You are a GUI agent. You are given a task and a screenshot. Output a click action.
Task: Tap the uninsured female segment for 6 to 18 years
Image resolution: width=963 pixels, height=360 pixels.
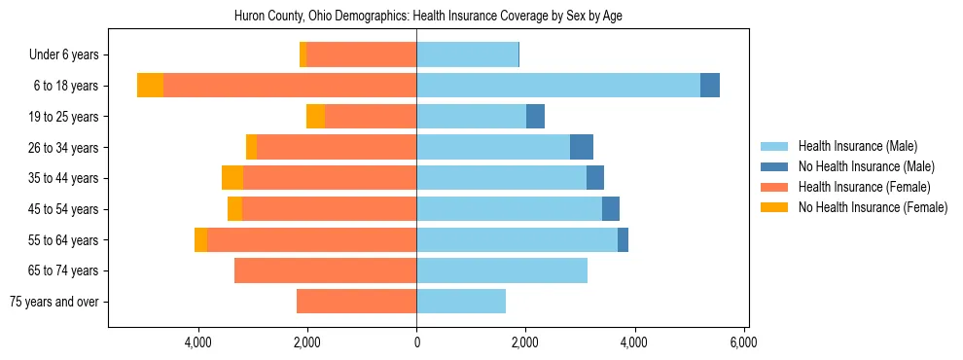click(x=150, y=86)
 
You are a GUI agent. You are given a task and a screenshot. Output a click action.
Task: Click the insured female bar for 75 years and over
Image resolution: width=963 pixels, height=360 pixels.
click(x=356, y=302)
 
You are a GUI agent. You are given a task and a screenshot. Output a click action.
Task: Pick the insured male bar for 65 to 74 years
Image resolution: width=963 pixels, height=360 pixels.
click(x=502, y=270)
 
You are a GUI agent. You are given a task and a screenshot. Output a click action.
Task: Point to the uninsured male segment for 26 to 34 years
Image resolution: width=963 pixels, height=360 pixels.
click(x=582, y=147)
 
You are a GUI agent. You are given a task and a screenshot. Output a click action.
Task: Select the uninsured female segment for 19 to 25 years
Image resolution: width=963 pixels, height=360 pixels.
click(x=315, y=117)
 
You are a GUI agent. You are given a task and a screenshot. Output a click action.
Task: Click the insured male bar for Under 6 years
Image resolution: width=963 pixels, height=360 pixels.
click(x=467, y=54)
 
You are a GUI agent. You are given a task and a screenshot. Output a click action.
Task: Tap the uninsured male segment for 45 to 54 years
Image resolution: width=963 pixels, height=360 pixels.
click(x=611, y=209)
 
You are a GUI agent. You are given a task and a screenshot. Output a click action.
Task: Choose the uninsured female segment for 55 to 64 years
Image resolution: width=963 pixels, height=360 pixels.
click(x=200, y=240)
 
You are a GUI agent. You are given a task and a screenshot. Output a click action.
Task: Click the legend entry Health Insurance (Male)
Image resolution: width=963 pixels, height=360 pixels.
click(x=857, y=146)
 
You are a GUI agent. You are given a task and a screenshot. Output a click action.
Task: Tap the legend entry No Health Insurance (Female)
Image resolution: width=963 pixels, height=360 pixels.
click(x=873, y=207)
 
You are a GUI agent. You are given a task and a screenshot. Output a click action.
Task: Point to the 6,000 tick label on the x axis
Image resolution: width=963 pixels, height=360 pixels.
click(x=743, y=342)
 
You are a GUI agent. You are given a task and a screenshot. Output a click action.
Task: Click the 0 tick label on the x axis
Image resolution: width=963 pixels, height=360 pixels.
click(x=416, y=342)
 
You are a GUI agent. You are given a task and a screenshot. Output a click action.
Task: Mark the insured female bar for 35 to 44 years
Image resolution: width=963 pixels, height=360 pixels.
click(x=330, y=178)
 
